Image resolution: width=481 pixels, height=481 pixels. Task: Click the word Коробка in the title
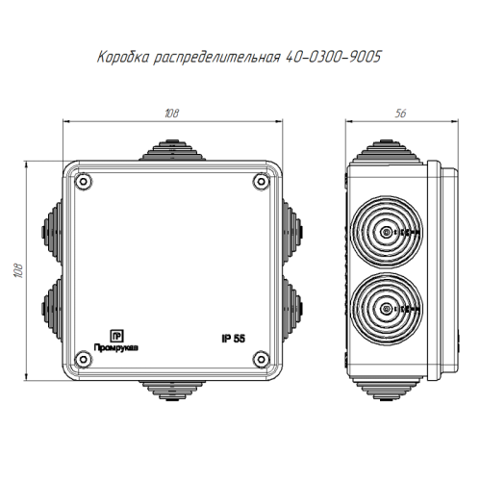(123, 57)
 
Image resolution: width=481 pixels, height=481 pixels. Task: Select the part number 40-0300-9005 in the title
(333, 57)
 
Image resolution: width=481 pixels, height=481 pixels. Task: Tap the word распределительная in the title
(217, 58)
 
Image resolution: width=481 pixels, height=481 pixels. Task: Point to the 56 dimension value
(400, 114)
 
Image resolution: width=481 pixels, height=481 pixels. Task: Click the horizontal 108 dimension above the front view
(172, 114)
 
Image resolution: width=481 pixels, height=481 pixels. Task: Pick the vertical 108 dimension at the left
(18, 270)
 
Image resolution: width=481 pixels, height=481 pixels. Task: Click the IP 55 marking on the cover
(233, 339)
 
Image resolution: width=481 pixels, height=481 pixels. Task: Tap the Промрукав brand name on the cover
(116, 347)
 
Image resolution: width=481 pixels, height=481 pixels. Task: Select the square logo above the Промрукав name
(116, 336)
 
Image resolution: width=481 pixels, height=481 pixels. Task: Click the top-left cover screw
(84, 182)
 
